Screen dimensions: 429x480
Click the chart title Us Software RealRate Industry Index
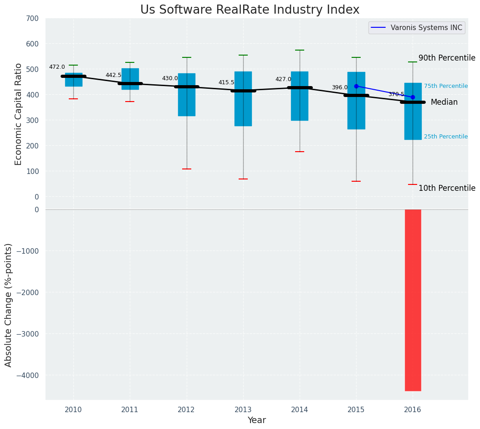pyautogui.click(x=250, y=10)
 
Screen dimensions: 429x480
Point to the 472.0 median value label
pyautogui.click(x=57, y=67)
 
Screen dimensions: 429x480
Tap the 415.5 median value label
pyautogui.click(x=226, y=83)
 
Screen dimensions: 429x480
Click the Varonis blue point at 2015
pyautogui.click(x=356, y=86)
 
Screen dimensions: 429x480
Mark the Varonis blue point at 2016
pyautogui.click(x=413, y=97)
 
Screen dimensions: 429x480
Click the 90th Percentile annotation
pyautogui.click(x=447, y=58)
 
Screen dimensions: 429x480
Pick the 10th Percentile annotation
pyautogui.click(x=447, y=189)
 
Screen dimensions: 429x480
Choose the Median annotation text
pyautogui.click(x=444, y=102)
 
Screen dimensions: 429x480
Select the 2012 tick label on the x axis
pyautogui.click(x=186, y=410)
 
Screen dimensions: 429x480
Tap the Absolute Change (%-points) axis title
pyautogui.click(x=9, y=305)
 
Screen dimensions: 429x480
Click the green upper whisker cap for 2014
pyautogui.click(x=300, y=50)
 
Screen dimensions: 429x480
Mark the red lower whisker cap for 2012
pyautogui.click(x=187, y=169)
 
